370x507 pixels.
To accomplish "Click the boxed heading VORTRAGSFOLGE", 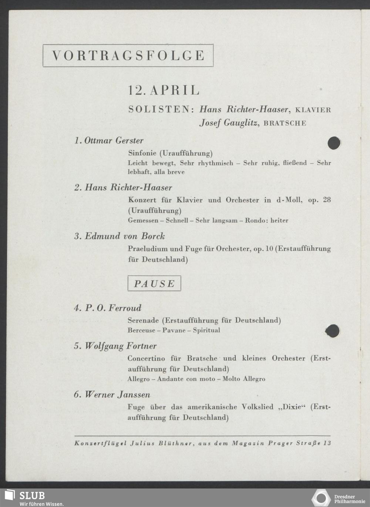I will click(128, 56).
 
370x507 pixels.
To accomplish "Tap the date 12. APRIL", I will click(164, 90).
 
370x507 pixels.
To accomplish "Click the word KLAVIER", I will click(313, 110).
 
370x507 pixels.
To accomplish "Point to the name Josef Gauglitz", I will click(229, 123).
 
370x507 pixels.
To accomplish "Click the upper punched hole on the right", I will click(334, 143).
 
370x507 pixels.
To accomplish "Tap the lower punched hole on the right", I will click(332, 330).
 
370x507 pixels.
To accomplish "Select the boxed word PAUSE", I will click(154, 283).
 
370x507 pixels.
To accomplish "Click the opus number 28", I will click(326, 200).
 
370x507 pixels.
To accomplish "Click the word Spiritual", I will click(206, 330).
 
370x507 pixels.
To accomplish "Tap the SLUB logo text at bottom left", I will click(32, 496).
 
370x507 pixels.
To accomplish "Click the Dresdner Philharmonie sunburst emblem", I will click(321, 498).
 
